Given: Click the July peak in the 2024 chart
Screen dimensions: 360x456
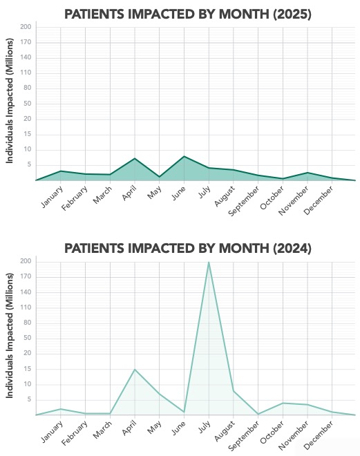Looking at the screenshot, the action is click(209, 262).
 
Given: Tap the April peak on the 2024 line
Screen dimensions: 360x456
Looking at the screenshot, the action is click(135, 370).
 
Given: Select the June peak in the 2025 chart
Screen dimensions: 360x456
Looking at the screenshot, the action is click(184, 156).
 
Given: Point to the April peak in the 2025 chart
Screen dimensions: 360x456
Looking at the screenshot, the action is click(135, 158).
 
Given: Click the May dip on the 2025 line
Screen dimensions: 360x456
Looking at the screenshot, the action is click(160, 176).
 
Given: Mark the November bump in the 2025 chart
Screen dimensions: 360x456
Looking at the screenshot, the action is click(307, 173).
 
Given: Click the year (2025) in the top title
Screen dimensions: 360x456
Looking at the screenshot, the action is click(292, 14).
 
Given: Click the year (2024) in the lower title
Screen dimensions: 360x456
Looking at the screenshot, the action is click(292, 248).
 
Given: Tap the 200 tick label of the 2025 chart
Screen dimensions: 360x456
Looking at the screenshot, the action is click(26, 27).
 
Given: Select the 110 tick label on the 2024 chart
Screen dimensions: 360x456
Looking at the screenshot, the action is click(26, 307).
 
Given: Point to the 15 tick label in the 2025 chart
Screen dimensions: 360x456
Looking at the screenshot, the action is click(28, 134).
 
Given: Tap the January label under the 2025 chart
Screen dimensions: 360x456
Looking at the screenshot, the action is click(52, 197).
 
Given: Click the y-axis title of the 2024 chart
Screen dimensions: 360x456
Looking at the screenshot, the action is click(10, 335).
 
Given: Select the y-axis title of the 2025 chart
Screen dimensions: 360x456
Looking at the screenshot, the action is click(10, 101).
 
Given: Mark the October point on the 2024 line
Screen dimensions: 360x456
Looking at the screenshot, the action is click(283, 403).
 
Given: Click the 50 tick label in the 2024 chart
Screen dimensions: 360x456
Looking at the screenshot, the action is click(28, 338).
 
